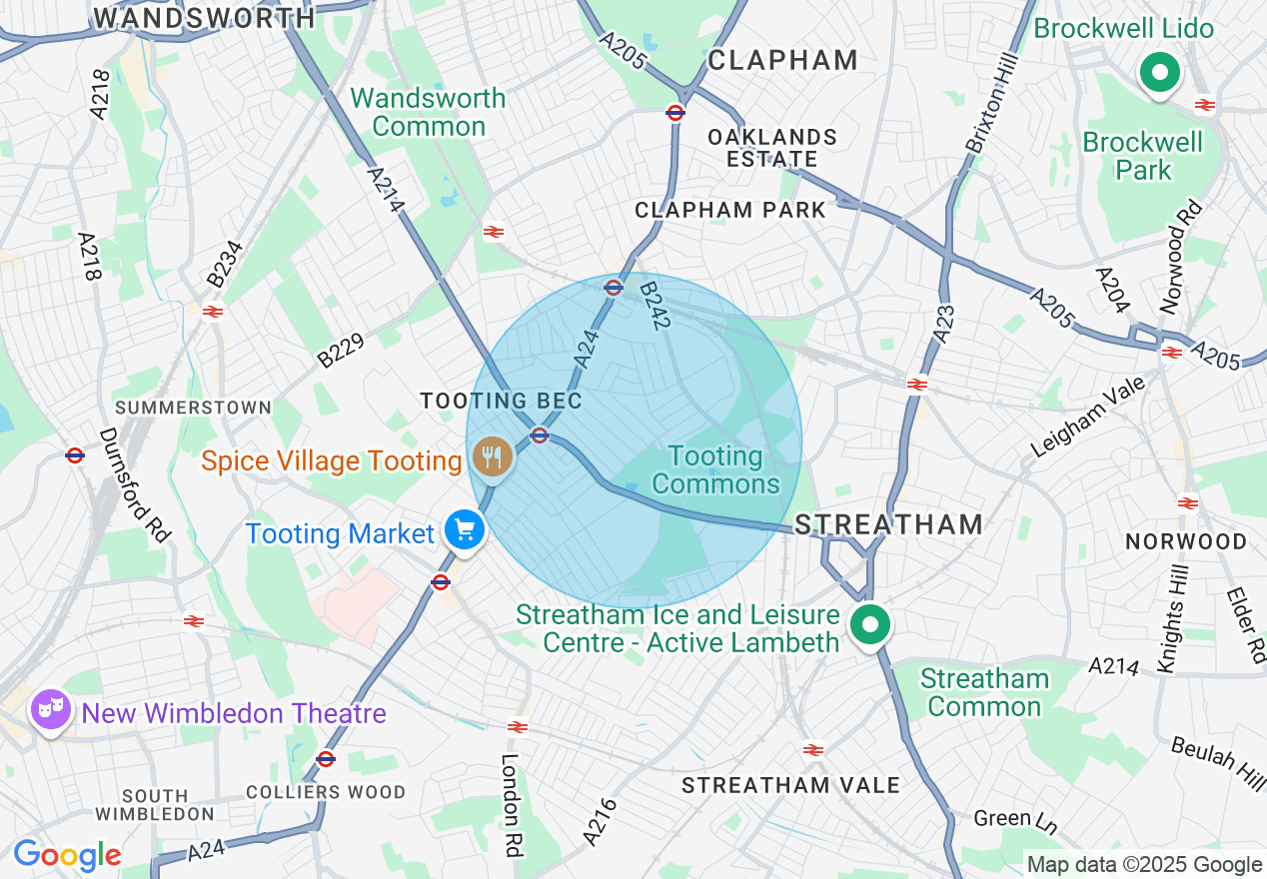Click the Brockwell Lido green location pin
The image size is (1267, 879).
(x=1159, y=74)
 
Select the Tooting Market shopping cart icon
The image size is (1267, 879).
(x=465, y=530)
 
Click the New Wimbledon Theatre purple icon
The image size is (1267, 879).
(x=49, y=710)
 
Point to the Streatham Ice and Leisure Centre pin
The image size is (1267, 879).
(x=869, y=626)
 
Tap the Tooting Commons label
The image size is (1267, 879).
(x=715, y=470)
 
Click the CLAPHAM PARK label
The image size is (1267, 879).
(x=730, y=210)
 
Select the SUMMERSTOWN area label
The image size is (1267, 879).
(x=193, y=408)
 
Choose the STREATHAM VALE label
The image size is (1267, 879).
(x=790, y=785)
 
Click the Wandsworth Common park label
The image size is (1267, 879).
(x=429, y=112)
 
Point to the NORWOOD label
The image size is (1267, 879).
(x=1186, y=541)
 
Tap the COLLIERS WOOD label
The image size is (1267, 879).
(x=326, y=792)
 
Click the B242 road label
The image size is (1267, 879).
(x=656, y=305)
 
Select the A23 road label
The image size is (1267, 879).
(x=944, y=325)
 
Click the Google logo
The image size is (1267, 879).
(x=67, y=856)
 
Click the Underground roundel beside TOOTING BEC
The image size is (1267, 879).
(x=540, y=435)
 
